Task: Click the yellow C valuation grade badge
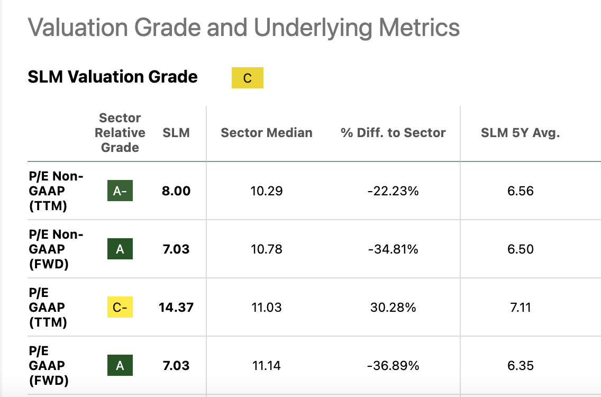(247, 78)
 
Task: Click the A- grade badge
(120, 191)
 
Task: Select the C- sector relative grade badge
(120, 308)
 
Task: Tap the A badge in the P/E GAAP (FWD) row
(120, 366)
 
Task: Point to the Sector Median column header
(267, 133)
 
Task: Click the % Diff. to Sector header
(393, 133)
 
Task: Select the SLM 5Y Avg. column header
(520, 133)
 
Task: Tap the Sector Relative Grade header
(120, 133)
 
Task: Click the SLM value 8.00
(176, 191)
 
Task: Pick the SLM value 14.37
(176, 308)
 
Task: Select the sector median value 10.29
(267, 191)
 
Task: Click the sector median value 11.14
(267, 366)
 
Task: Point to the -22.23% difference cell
(393, 191)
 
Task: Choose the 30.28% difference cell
(393, 308)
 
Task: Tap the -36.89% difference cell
(393, 366)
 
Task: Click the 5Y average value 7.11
(520, 308)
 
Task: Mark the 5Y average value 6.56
(520, 191)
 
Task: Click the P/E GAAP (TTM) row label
(48, 308)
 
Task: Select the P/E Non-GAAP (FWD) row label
(56, 249)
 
